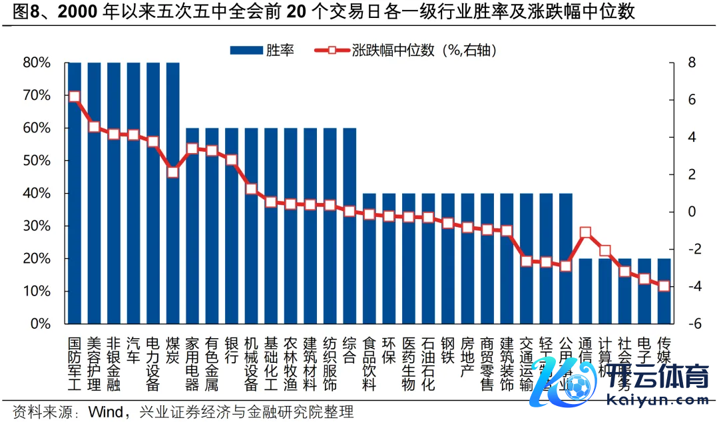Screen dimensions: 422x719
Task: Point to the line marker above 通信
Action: (585, 233)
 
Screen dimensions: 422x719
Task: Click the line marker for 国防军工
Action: (75, 97)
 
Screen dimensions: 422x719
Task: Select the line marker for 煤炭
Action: (173, 172)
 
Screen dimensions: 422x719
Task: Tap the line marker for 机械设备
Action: (252, 189)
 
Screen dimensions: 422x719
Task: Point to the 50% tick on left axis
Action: (37, 160)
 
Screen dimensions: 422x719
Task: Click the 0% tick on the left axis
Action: (40, 324)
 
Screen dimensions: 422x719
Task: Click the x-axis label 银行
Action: (232, 349)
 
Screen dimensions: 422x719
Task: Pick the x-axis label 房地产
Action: (467, 357)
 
